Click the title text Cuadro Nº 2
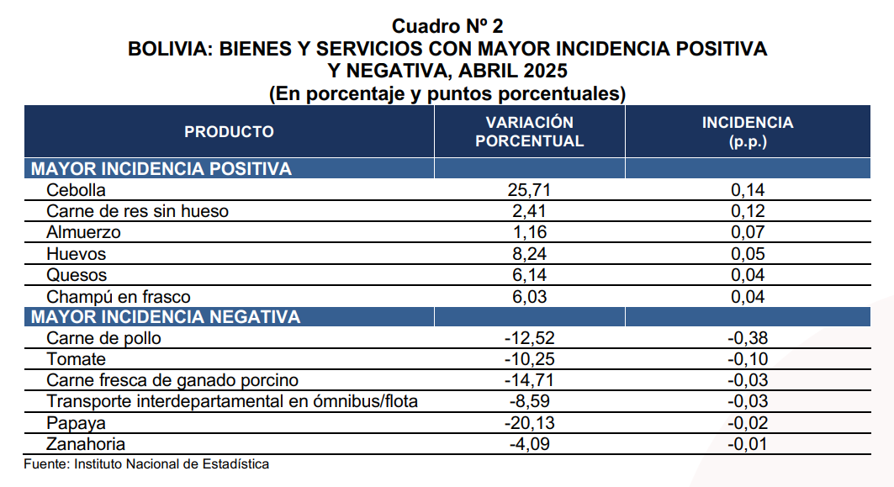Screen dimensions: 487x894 447,28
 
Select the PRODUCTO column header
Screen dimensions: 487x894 229,131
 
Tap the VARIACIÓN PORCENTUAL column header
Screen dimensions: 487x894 529,131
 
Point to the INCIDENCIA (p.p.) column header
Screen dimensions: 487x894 747,131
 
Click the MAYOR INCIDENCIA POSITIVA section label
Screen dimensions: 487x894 161,169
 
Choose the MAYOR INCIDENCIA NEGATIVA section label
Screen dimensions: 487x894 166,317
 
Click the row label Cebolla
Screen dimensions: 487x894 76,190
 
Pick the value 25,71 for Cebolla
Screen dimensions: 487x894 529,190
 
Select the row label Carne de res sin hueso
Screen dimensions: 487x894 138,211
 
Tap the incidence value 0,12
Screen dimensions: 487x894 748,211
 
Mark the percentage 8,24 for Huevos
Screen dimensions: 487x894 529,254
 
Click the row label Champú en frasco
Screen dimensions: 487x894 119,297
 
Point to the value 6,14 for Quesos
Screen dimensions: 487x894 529,275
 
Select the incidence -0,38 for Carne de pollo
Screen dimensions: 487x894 748,339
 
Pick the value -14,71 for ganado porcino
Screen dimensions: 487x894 529,381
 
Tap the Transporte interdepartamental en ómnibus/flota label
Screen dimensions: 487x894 232,402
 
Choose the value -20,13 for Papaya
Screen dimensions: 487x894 529,423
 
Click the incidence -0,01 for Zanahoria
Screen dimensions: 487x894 748,444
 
